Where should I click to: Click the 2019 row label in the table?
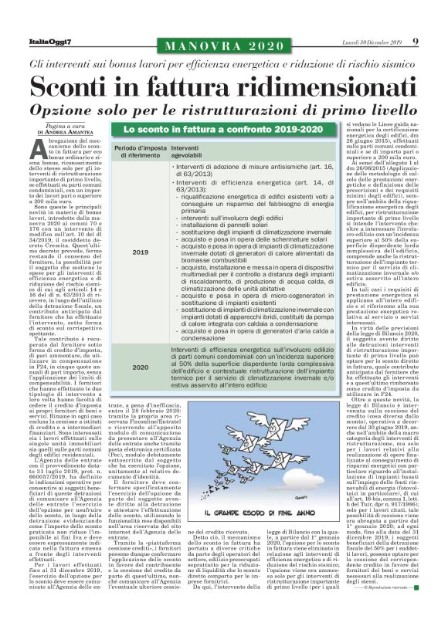pos(141,252)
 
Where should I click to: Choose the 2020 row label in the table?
pos(141,367)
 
